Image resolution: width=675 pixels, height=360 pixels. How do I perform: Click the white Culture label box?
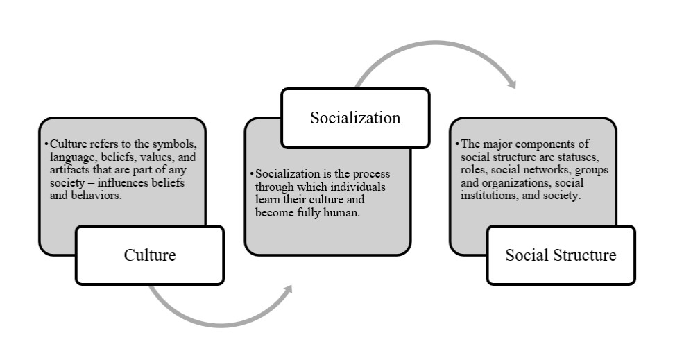point(149,255)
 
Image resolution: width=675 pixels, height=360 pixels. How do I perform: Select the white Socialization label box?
point(354,118)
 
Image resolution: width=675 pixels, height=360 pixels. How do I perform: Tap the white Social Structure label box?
point(560,255)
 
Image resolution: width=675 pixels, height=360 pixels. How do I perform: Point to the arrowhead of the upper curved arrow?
point(512,85)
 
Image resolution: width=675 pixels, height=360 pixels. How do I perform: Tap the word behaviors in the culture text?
point(105,196)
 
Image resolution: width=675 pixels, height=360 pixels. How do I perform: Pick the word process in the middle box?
point(389,173)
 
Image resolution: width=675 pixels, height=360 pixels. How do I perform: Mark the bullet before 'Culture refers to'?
point(46,144)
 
